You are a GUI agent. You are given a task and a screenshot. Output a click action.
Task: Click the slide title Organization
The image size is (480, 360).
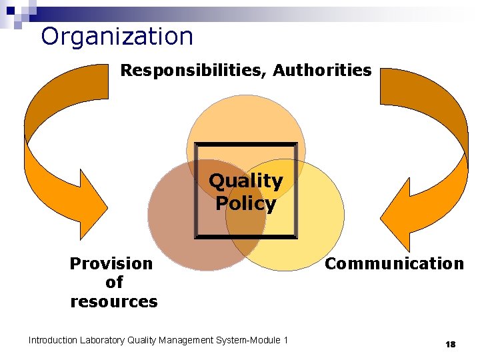pyautogui.click(x=117, y=36)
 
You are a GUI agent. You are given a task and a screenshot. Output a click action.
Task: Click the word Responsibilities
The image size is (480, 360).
pyautogui.click(x=193, y=70)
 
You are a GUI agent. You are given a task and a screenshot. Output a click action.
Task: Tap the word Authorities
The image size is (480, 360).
pyautogui.click(x=323, y=70)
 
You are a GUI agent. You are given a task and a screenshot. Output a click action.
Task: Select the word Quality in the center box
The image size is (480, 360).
pyautogui.click(x=245, y=181)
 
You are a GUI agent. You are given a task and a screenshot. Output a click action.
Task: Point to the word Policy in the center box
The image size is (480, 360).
pyautogui.click(x=245, y=203)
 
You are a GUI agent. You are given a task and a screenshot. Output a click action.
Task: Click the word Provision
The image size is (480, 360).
pyautogui.click(x=111, y=263)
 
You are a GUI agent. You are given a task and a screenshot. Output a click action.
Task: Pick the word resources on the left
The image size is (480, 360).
pyautogui.click(x=113, y=301)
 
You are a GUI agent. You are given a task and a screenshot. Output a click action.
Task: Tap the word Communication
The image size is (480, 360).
pyautogui.click(x=394, y=263)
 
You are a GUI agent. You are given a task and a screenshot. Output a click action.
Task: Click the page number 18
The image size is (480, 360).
pyautogui.click(x=450, y=344)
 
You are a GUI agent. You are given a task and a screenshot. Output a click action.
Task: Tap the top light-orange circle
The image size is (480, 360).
pyautogui.click(x=245, y=123)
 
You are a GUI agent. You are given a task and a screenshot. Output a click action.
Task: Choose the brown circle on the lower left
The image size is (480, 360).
pyautogui.click(x=177, y=227)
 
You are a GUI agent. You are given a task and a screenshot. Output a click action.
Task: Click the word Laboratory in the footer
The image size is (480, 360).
pyautogui.click(x=102, y=341)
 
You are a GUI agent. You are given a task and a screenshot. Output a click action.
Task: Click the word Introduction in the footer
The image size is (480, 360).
pyautogui.click(x=53, y=341)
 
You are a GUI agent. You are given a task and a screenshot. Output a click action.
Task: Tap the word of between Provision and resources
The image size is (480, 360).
pyautogui.click(x=113, y=282)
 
